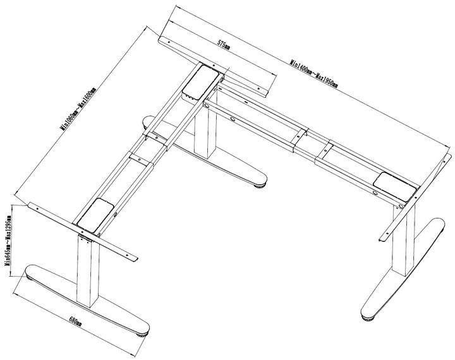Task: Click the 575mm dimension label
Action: coord(223,45)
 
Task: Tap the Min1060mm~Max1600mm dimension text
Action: coord(78,108)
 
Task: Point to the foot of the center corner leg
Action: coord(221,163)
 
